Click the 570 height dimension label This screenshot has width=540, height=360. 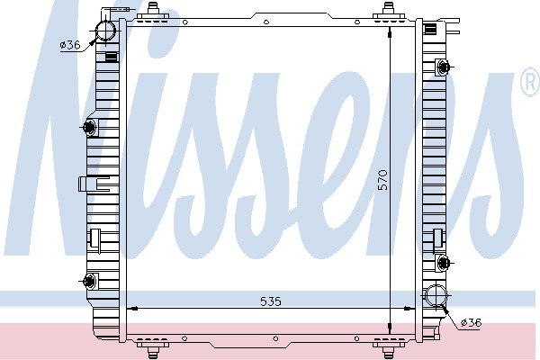click(x=382, y=180)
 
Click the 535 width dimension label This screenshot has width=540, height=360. click(x=270, y=301)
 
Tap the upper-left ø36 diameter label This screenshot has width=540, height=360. click(x=70, y=45)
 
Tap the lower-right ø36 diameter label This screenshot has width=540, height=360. click(x=471, y=322)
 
